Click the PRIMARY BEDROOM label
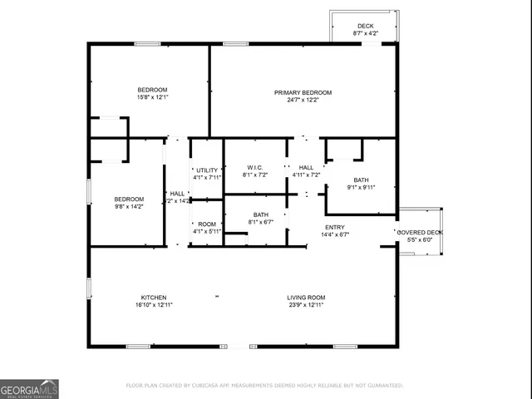[x=303, y=92]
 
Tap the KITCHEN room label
[x=153, y=298]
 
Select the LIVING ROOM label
[x=306, y=298]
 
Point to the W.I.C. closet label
[x=254, y=167]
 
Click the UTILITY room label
[x=207, y=170]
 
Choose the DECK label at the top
[x=365, y=26]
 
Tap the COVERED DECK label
[x=420, y=232]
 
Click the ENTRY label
[x=334, y=227]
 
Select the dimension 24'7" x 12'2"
[x=303, y=101]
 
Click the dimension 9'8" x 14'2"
[x=129, y=207]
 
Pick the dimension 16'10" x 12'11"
[x=153, y=305]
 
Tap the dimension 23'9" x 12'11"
[x=306, y=305]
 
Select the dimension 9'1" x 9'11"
[x=361, y=187]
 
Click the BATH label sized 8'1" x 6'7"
[x=260, y=214]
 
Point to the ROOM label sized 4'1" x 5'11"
[x=207, y=224]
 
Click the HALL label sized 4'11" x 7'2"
[x=306, y=167]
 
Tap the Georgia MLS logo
[x=29, y=388]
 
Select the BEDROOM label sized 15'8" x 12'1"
[x=152, y=90]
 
